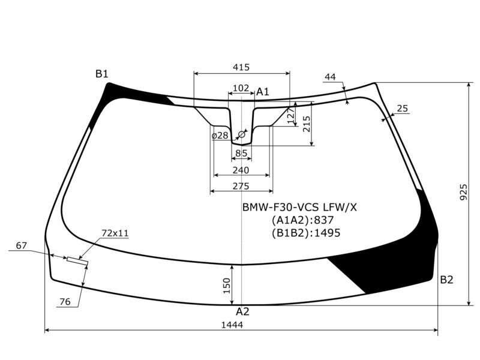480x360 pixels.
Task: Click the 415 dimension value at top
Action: click(241, 67)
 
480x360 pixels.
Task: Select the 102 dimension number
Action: click(241, 88)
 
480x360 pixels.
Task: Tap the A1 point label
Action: click(263, 92)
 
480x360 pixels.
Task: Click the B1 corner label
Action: click(102, 74)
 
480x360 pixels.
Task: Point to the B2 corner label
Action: click(446, 280)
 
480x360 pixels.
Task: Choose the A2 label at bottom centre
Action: click(242, 311)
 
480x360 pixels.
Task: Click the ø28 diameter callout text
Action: click(220, 136)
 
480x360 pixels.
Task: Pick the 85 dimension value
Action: click(241, 154)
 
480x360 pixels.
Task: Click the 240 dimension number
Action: click(241, 170)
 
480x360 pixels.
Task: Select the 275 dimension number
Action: click(241, 187)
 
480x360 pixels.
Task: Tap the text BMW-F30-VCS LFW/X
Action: click(299, 207)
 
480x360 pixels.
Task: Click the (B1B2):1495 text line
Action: click(305, 233)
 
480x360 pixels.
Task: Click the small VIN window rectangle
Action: click(77, 260)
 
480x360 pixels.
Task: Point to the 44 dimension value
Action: click(330, 77)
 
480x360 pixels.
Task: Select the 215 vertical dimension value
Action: click(307, 124)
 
